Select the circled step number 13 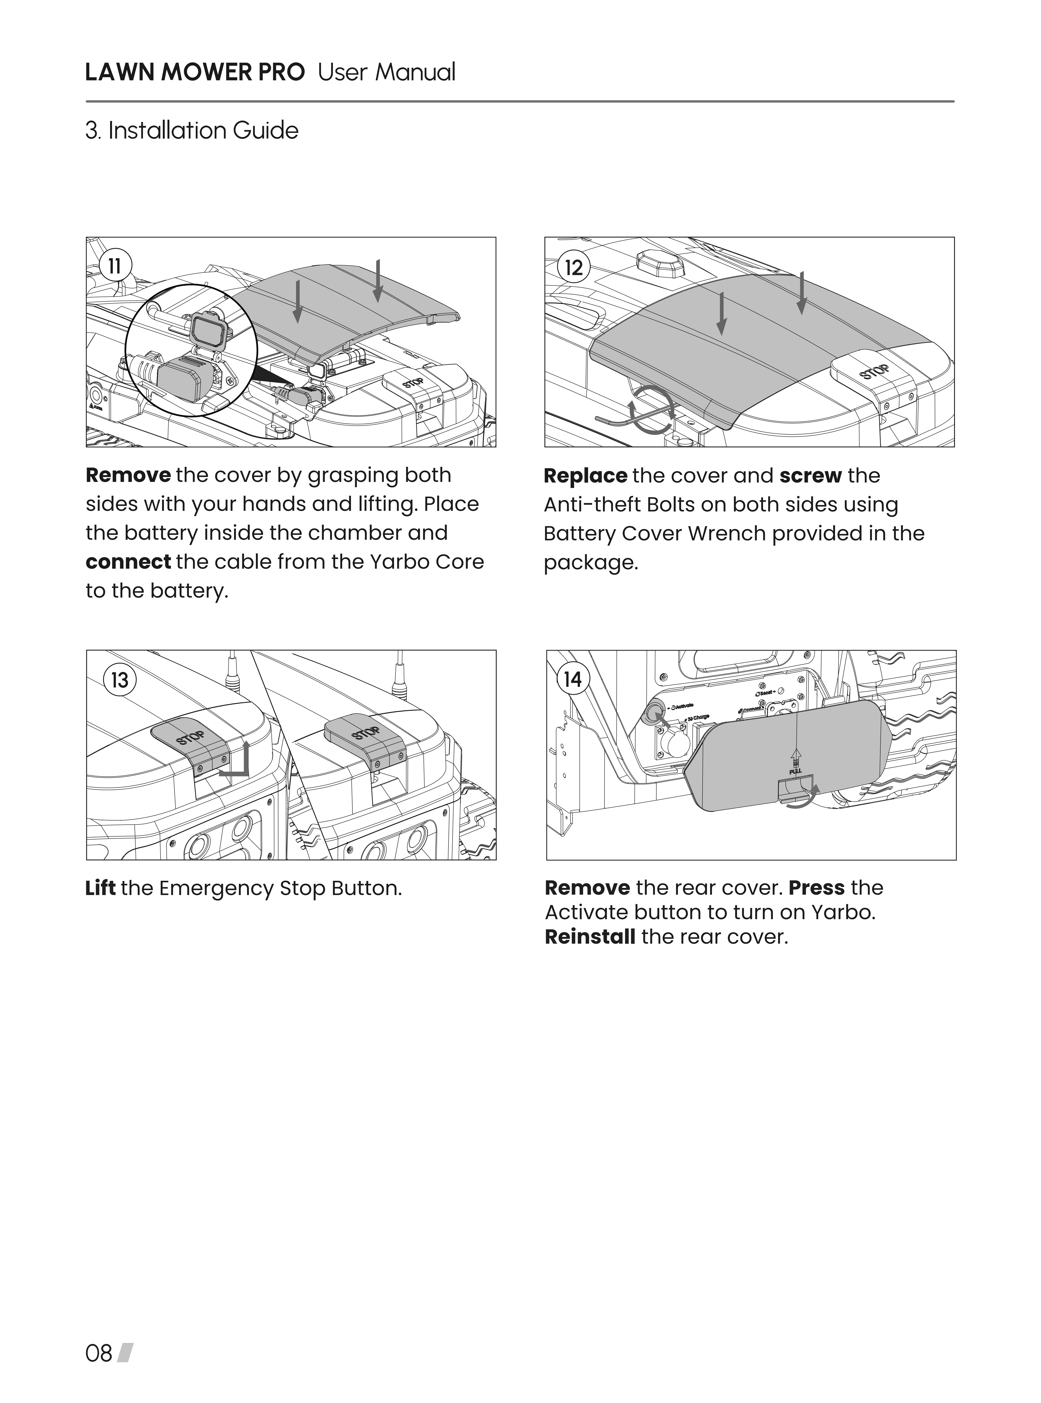119,680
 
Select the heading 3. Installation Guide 191,131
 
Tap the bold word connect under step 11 128,561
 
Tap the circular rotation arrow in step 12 653,410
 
